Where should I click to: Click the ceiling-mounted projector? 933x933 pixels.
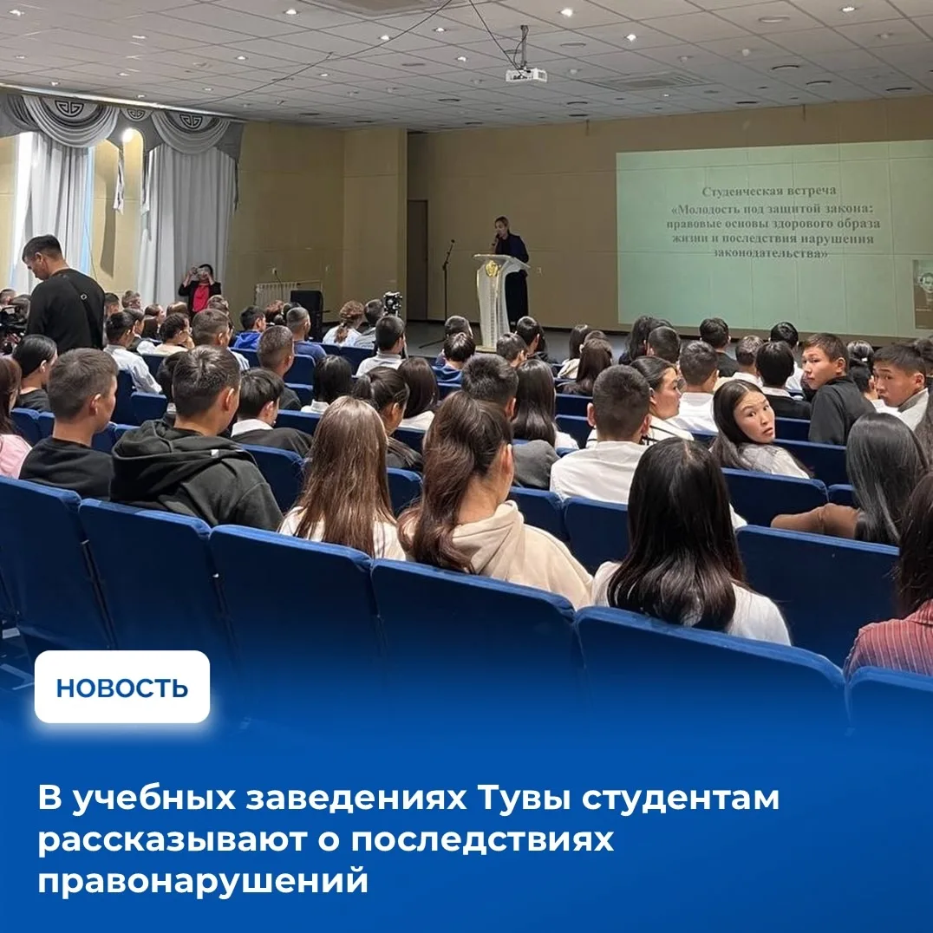[x=526, y=75]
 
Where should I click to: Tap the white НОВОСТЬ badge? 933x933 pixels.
[x=122, y=687]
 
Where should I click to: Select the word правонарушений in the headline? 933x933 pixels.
[x=203, y=881]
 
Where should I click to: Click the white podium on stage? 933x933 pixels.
[x=499, y=301]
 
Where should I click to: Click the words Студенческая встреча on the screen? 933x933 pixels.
[x=769, y=191]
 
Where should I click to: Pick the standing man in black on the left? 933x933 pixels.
[x=63, y=297]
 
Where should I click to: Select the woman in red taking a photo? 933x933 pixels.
[x=200, y=289]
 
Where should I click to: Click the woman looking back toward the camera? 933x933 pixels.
[x=752, y=428]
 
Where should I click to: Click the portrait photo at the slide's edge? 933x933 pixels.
[x=923, y=295]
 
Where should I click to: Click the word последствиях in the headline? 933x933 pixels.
[x=483, y=840]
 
